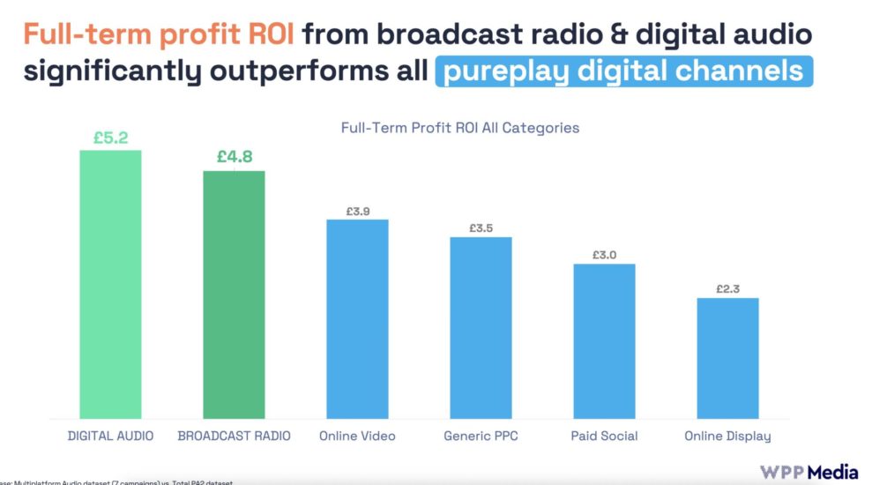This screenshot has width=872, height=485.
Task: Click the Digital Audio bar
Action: click(x=110, y=284)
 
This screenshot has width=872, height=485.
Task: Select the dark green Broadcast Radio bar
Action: click(x=234, y=295)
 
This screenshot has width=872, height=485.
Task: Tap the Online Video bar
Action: click(x=357, y=318)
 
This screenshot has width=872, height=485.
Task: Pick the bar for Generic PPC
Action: click(x=481, y=327)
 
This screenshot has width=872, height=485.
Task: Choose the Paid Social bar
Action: click(x=604, y=340)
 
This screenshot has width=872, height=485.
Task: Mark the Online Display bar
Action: click(x=727, y=358)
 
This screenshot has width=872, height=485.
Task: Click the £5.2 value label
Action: click(x=110, y=138)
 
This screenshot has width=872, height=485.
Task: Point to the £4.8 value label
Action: click(x=234, y=158)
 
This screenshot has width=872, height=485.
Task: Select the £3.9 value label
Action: click(x=357, y=211)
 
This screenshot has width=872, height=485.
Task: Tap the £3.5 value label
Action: click(x=481, y=228)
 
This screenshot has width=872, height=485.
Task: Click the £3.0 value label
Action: click(x=604, y=255)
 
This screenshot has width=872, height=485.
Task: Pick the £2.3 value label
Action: click(x=727, y=288)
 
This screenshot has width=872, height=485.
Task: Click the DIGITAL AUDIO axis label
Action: click(x=110, y=436)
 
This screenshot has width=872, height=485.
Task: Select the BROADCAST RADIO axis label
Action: click(x=234, y=436)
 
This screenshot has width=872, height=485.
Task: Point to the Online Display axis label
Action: click(x=727, y=436)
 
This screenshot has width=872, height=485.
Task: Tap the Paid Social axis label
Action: click(x=604, y=436)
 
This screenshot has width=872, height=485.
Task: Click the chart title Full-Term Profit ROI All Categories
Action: click(x=459, y=128)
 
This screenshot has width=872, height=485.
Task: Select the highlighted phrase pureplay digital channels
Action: click(x=623, y=71)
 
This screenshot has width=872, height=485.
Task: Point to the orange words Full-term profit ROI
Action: click(x=159, y=34)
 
